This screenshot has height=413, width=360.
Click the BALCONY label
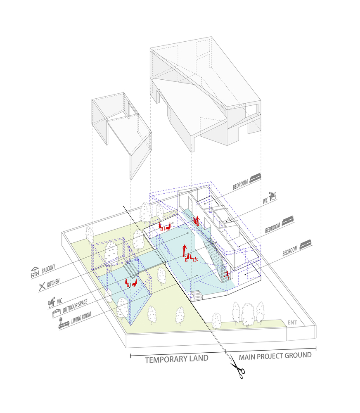[x=48, y=269]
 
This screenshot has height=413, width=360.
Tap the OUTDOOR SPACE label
[x=75, y=306]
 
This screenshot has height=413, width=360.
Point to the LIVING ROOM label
[x=81, y=318]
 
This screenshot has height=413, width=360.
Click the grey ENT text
[x=292, y=323]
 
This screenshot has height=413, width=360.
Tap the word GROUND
[x=298, y=355]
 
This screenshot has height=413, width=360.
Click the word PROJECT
[x=270, y=356]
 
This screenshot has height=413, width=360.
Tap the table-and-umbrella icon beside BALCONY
[x=35, y=273]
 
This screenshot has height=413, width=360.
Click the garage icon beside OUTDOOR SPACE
[x=57, y=313]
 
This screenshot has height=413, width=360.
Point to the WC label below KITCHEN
[x=59, y=301]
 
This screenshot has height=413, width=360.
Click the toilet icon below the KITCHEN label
[x=52, y=302]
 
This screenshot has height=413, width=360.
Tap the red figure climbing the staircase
[x=227, y=275]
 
